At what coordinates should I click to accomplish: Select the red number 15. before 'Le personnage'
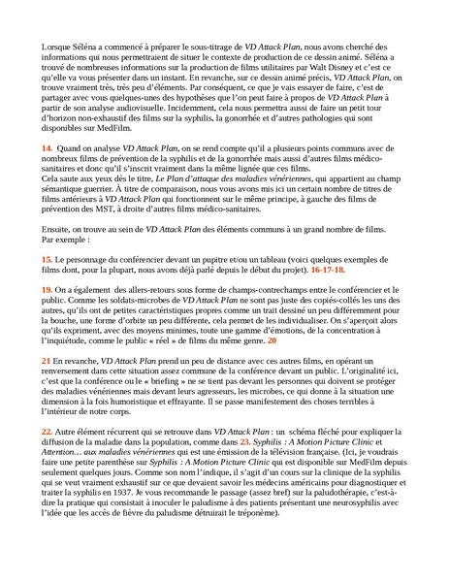tap(47, 261)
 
